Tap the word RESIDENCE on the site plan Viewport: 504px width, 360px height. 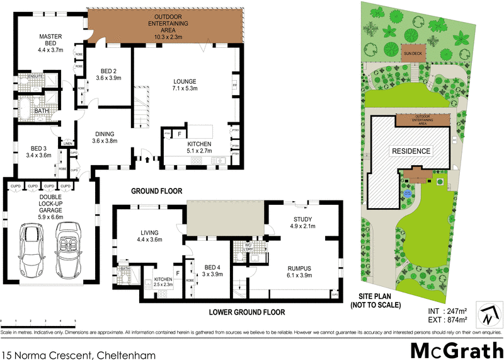[411, 151]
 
